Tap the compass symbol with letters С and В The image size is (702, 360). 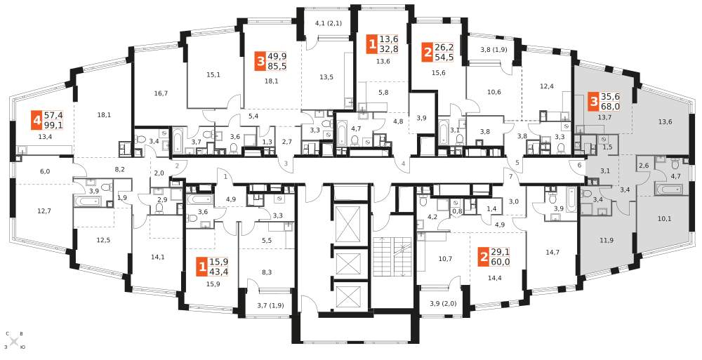point(14,340)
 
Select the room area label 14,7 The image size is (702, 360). point(551,251)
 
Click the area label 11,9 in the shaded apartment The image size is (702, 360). point(607,241)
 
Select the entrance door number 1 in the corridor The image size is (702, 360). point(225,176)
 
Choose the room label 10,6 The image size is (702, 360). point(494,93)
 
